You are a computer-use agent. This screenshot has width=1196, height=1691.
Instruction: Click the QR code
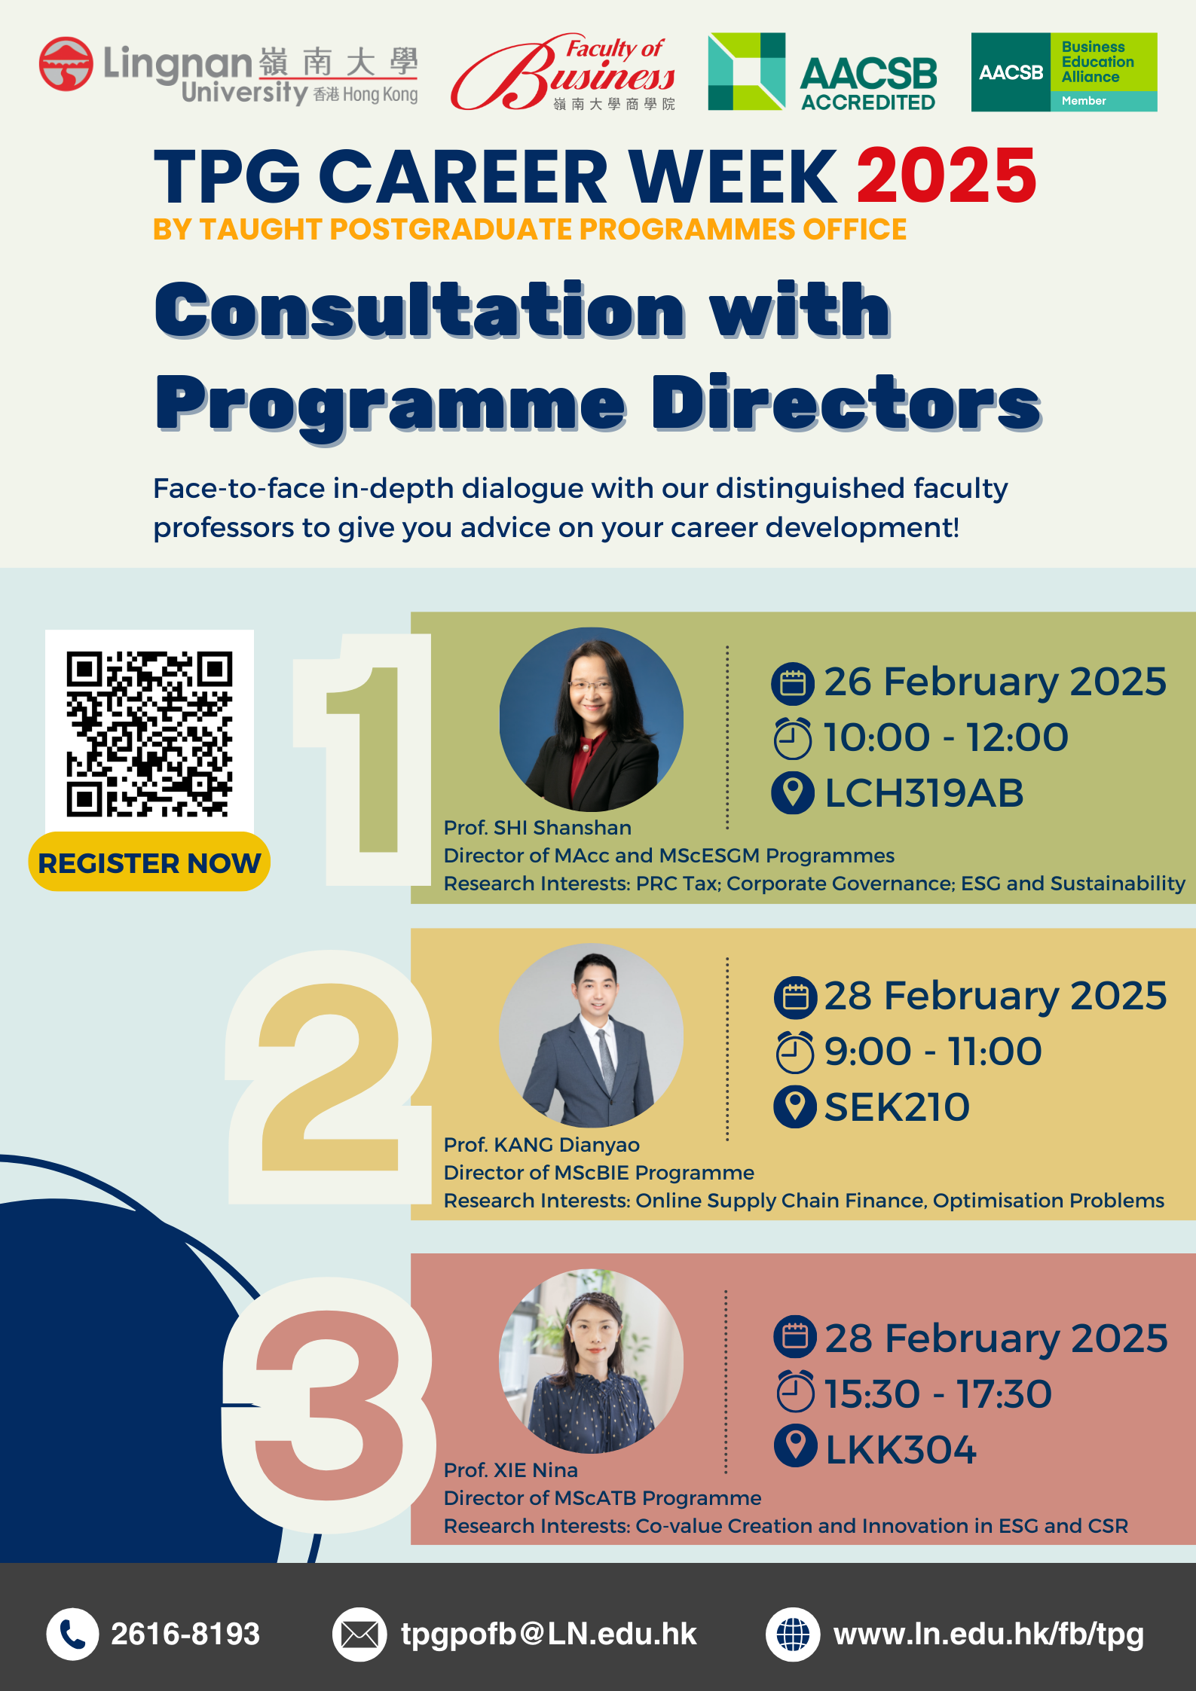149,734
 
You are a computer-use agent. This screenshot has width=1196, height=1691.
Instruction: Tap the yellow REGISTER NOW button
149,862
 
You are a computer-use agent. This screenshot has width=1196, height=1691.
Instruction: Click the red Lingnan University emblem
66,64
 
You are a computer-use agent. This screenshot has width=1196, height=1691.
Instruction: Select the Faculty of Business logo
564,72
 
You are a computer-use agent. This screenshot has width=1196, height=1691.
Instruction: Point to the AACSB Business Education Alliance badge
1064,72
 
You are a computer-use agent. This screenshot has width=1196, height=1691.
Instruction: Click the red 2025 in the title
947,176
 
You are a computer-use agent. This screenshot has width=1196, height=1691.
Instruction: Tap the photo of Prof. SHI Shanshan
592,719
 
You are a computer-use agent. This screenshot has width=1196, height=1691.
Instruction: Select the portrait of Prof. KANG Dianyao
592,1035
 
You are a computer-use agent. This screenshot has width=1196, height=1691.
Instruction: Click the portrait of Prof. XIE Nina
592,1361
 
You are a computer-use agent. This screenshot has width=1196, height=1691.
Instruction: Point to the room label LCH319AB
924,793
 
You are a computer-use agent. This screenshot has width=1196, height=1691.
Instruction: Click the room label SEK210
897,1107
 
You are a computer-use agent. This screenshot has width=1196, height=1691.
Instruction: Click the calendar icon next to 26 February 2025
793,683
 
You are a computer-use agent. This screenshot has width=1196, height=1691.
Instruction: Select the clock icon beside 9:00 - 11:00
794,1052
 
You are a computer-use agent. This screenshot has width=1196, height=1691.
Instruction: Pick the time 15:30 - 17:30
938,1394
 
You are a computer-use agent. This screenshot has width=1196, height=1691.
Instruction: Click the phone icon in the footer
72,1635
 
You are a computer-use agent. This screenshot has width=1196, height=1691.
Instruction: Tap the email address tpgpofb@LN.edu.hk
549,1635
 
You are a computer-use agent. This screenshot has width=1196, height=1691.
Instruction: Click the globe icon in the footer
793,1635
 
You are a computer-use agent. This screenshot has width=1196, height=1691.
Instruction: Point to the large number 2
330,1077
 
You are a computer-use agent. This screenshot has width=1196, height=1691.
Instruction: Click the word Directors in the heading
847,404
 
